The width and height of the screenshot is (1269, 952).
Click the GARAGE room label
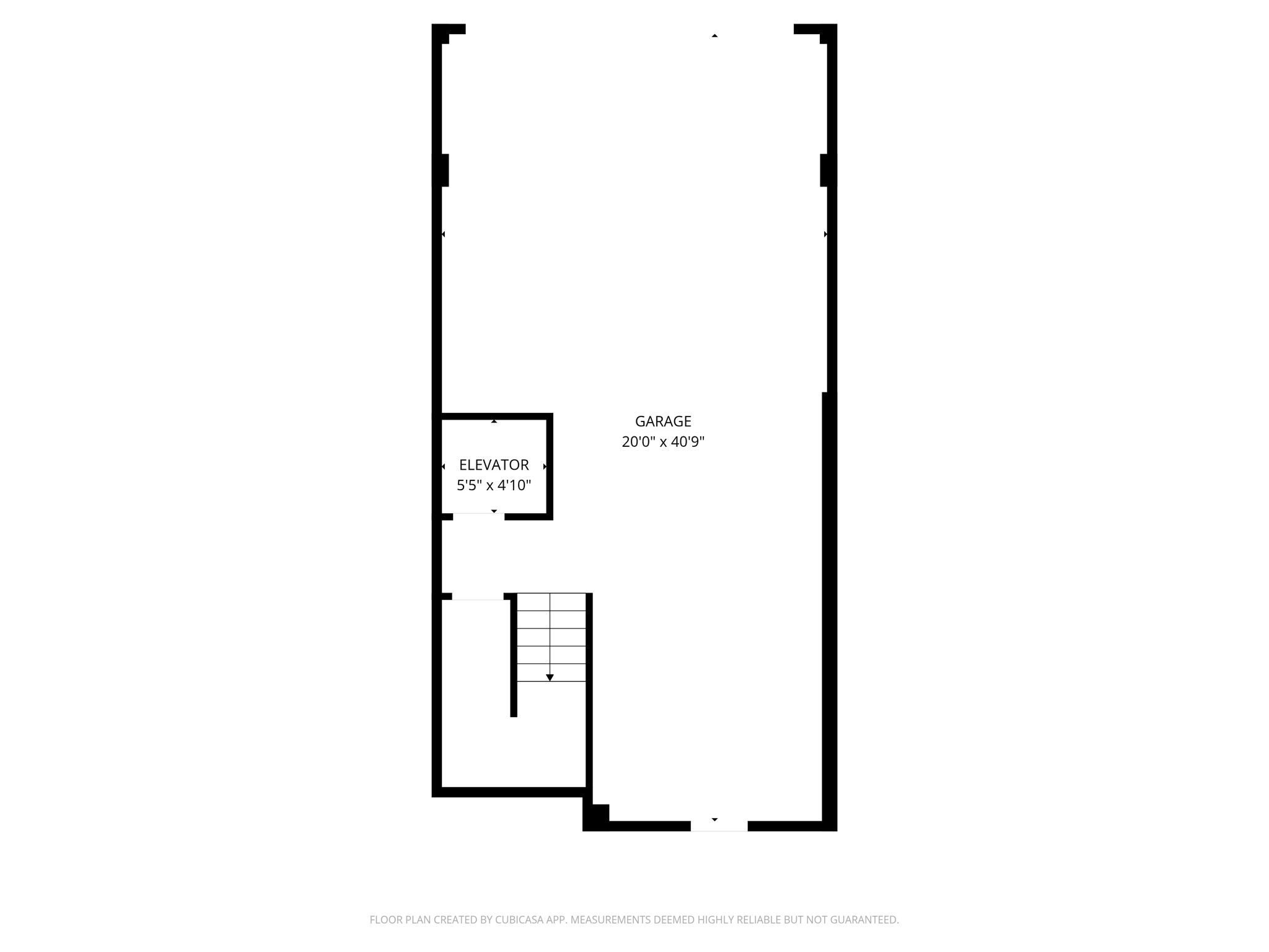[x=663, y=421]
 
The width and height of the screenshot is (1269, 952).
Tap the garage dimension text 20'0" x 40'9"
[x=663, y=442]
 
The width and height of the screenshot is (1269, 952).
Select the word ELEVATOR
[x=494, y=465]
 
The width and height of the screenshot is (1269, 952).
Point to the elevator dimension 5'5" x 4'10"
[x=494, y=485]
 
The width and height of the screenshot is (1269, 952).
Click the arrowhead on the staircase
[x=550, y=677]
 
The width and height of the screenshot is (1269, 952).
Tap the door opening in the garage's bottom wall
[x=719, y=826]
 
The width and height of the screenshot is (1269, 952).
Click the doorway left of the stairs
[x=478, y=597]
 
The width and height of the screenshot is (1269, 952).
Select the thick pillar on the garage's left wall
[x=441, y=170]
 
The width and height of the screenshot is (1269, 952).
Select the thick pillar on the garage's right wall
[x=828, y=170]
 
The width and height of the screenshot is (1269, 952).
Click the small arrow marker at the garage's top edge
[x=714, y=36]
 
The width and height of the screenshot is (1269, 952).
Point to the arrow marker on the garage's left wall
[x=443, y=234]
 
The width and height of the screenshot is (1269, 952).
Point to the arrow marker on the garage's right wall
[x=825, y=234]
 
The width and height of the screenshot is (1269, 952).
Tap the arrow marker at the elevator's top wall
[x=494, y=421]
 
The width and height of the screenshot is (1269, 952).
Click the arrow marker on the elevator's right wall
[x=545, y=466]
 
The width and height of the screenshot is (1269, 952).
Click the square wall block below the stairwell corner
[x=597, y=815]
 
